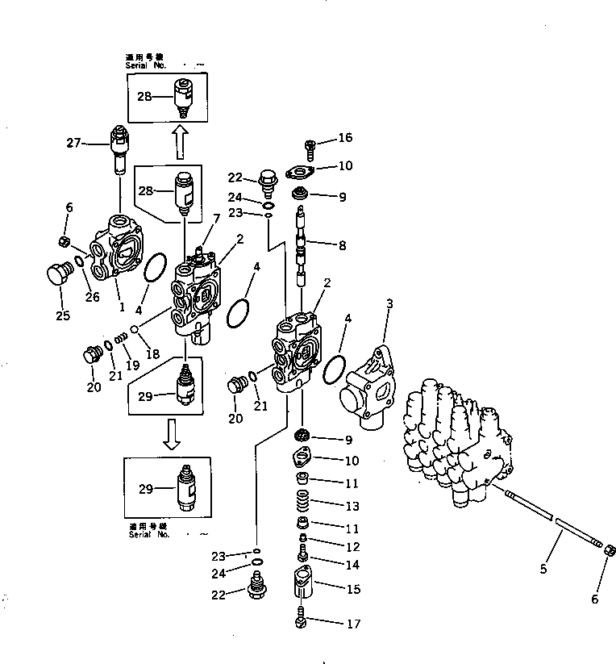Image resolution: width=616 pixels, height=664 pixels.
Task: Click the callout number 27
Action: (74, 143)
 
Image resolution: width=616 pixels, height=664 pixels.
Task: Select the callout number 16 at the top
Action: (345, 138)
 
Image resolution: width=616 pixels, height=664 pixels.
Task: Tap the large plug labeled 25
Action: (55, 274)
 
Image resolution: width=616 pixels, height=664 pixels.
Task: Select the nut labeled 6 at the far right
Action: (610, 551)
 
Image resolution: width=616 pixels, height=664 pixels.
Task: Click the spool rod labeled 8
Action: (300, 242)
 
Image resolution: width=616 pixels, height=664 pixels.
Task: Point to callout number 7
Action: (216, 219)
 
